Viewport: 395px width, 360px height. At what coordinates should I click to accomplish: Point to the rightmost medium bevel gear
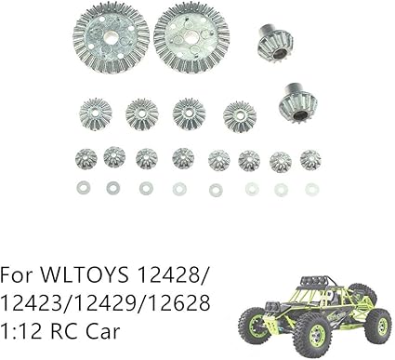coord(240,116)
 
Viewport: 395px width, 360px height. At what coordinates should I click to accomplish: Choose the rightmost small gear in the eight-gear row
coord(311,159)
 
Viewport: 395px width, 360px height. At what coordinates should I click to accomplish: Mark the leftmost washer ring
coord(82,188)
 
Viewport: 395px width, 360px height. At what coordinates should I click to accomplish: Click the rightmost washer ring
coord(312,189)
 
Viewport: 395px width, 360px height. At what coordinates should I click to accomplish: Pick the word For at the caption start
coord(18,276)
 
